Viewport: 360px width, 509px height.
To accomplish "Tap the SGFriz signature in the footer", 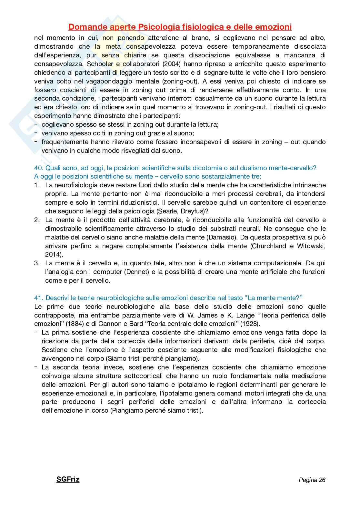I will tap(68, 479).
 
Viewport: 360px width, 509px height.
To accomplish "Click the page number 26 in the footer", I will tap(322, 480).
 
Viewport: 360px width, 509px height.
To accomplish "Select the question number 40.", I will tap(38, 168).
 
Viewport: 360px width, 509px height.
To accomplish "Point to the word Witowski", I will tap(310, 246).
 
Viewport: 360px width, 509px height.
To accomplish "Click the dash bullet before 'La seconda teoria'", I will tap(36, 367).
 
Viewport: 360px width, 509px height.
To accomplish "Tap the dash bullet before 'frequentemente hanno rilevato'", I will tap(36, 142).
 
